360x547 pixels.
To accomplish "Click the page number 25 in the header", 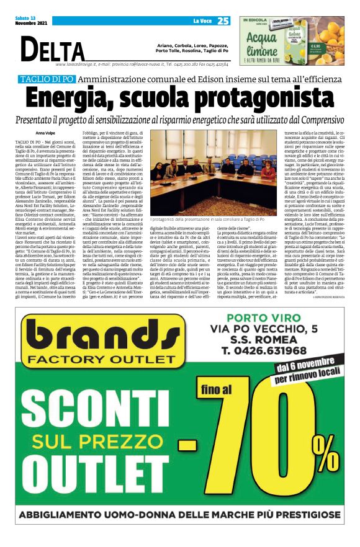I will (223, 21).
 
